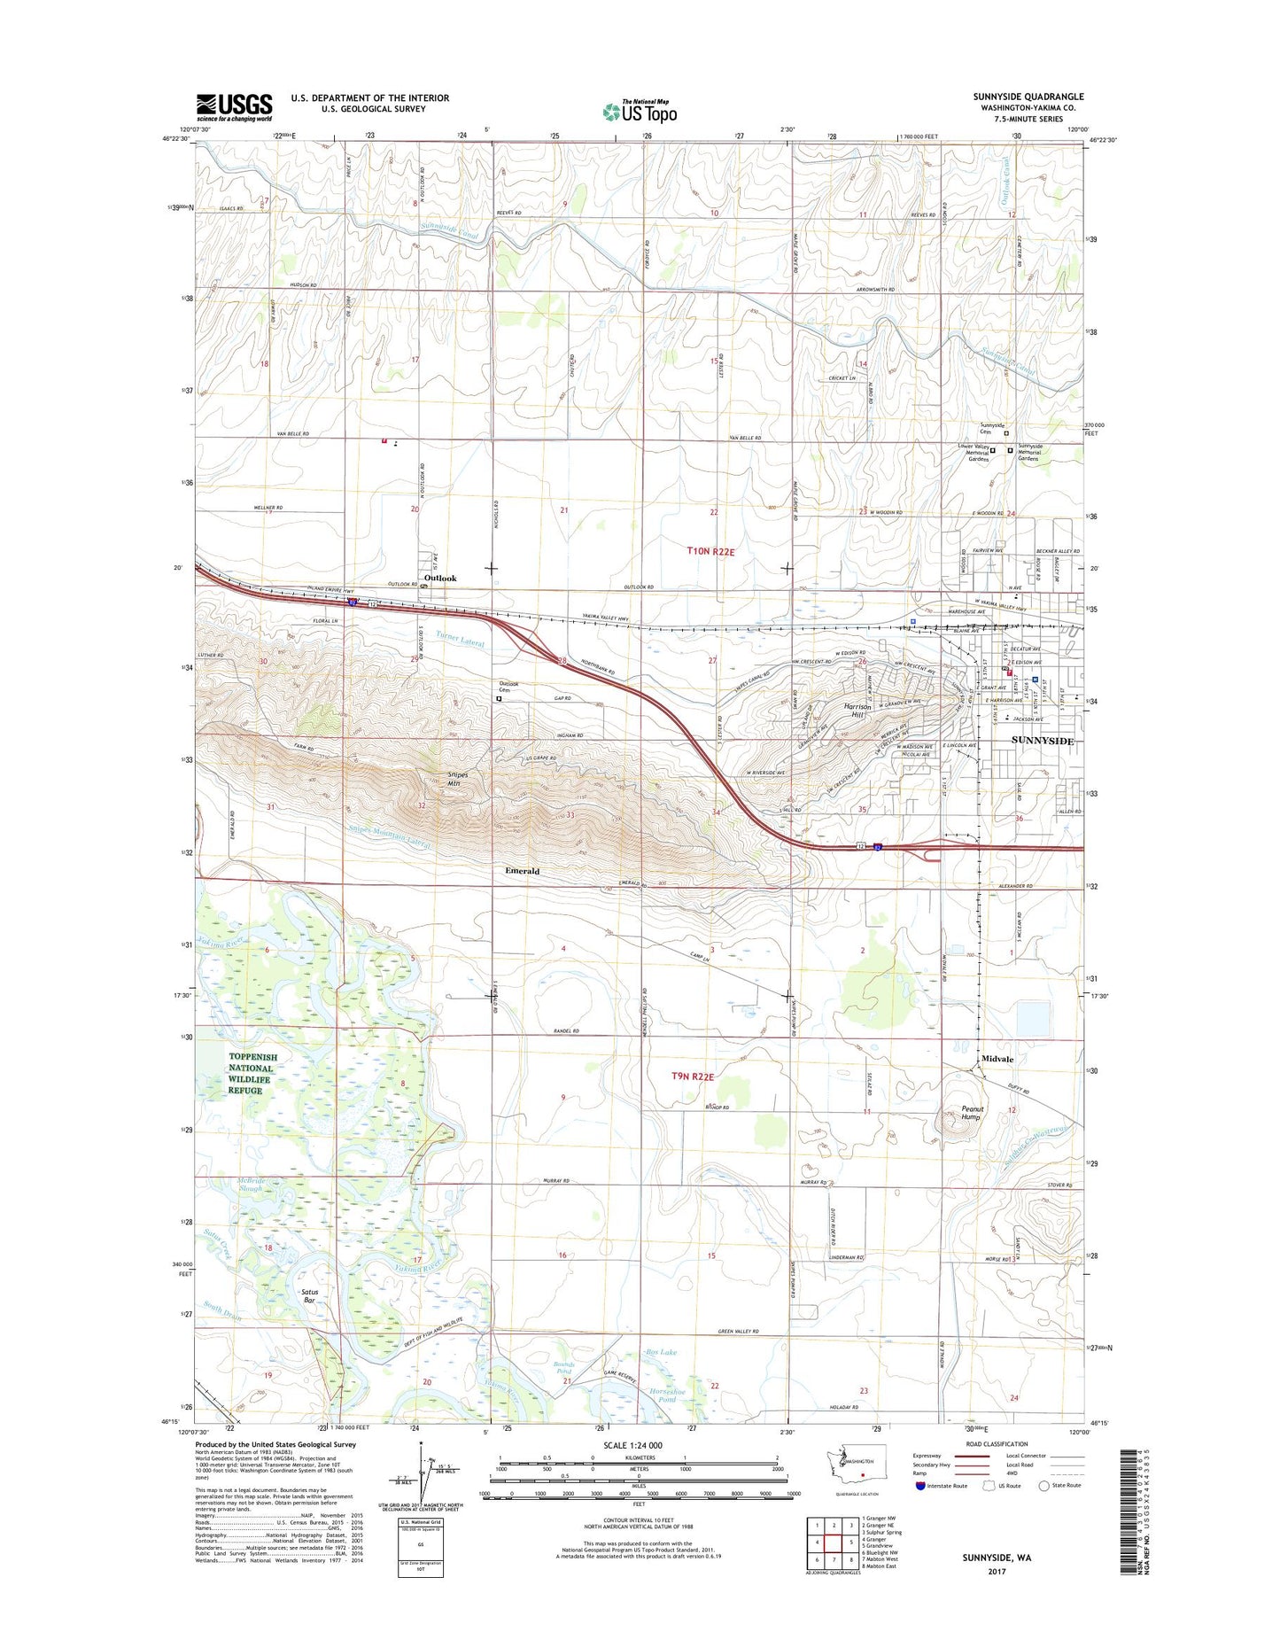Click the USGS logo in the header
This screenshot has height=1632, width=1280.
(x=234, y=107)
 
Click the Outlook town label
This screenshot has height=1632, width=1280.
(x=440, y=579)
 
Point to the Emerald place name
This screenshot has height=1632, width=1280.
(x=522, y=871)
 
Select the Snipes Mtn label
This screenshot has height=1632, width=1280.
(x=458, y=778)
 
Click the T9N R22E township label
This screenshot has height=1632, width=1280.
(x=693, y=1076)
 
